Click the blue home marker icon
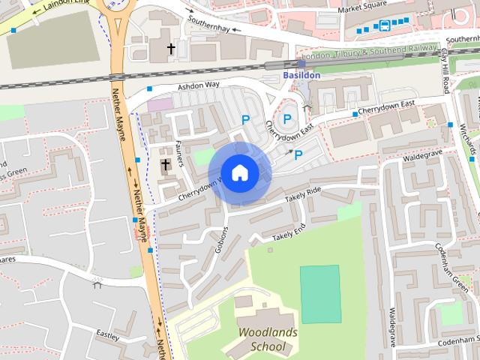[239, 173]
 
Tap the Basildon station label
[301, 76]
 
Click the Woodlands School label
[268, 339]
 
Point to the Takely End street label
[289, 232]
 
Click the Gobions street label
[221, 239]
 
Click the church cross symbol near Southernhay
[171, 49]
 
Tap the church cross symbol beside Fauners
[165, 164]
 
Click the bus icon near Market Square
[385, 25]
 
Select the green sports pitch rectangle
[320, 294]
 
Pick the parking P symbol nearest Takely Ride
[298, 155]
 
